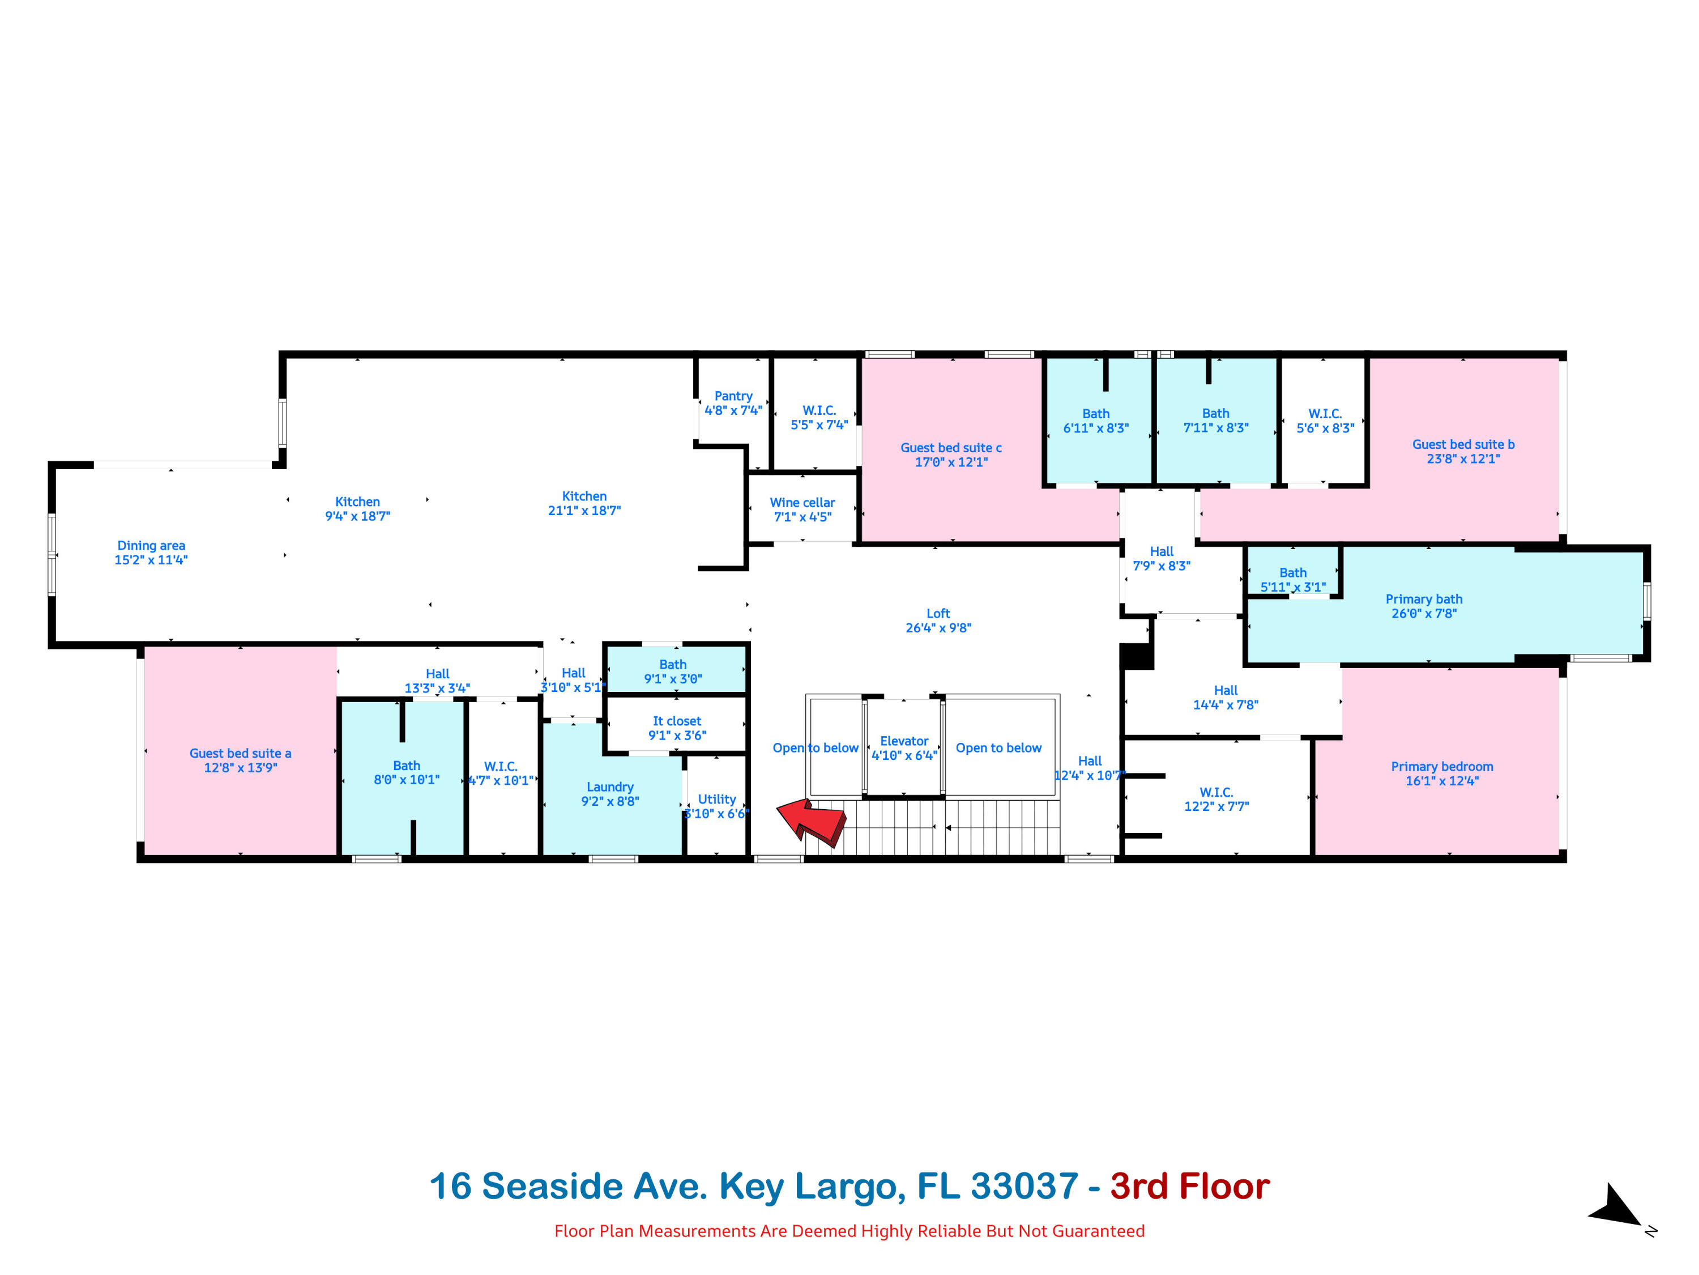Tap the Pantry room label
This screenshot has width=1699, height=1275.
click(733, 396)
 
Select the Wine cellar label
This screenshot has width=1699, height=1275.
click(802, 503)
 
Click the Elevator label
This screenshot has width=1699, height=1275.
click(904, 741)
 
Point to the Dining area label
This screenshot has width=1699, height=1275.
click(151, 546)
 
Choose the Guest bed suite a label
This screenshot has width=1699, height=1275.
click(241, 753)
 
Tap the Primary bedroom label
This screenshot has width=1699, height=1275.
click(1442, 766)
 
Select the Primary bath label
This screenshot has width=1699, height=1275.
click(1423, 600)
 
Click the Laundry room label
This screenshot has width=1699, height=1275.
click(610, 787)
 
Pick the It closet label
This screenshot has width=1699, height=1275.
click(677, 721)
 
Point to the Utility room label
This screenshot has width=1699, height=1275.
click(716, 799)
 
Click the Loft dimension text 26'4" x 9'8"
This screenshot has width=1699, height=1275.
click(938, 628)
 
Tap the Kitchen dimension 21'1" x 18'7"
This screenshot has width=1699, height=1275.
click(584, 511)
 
